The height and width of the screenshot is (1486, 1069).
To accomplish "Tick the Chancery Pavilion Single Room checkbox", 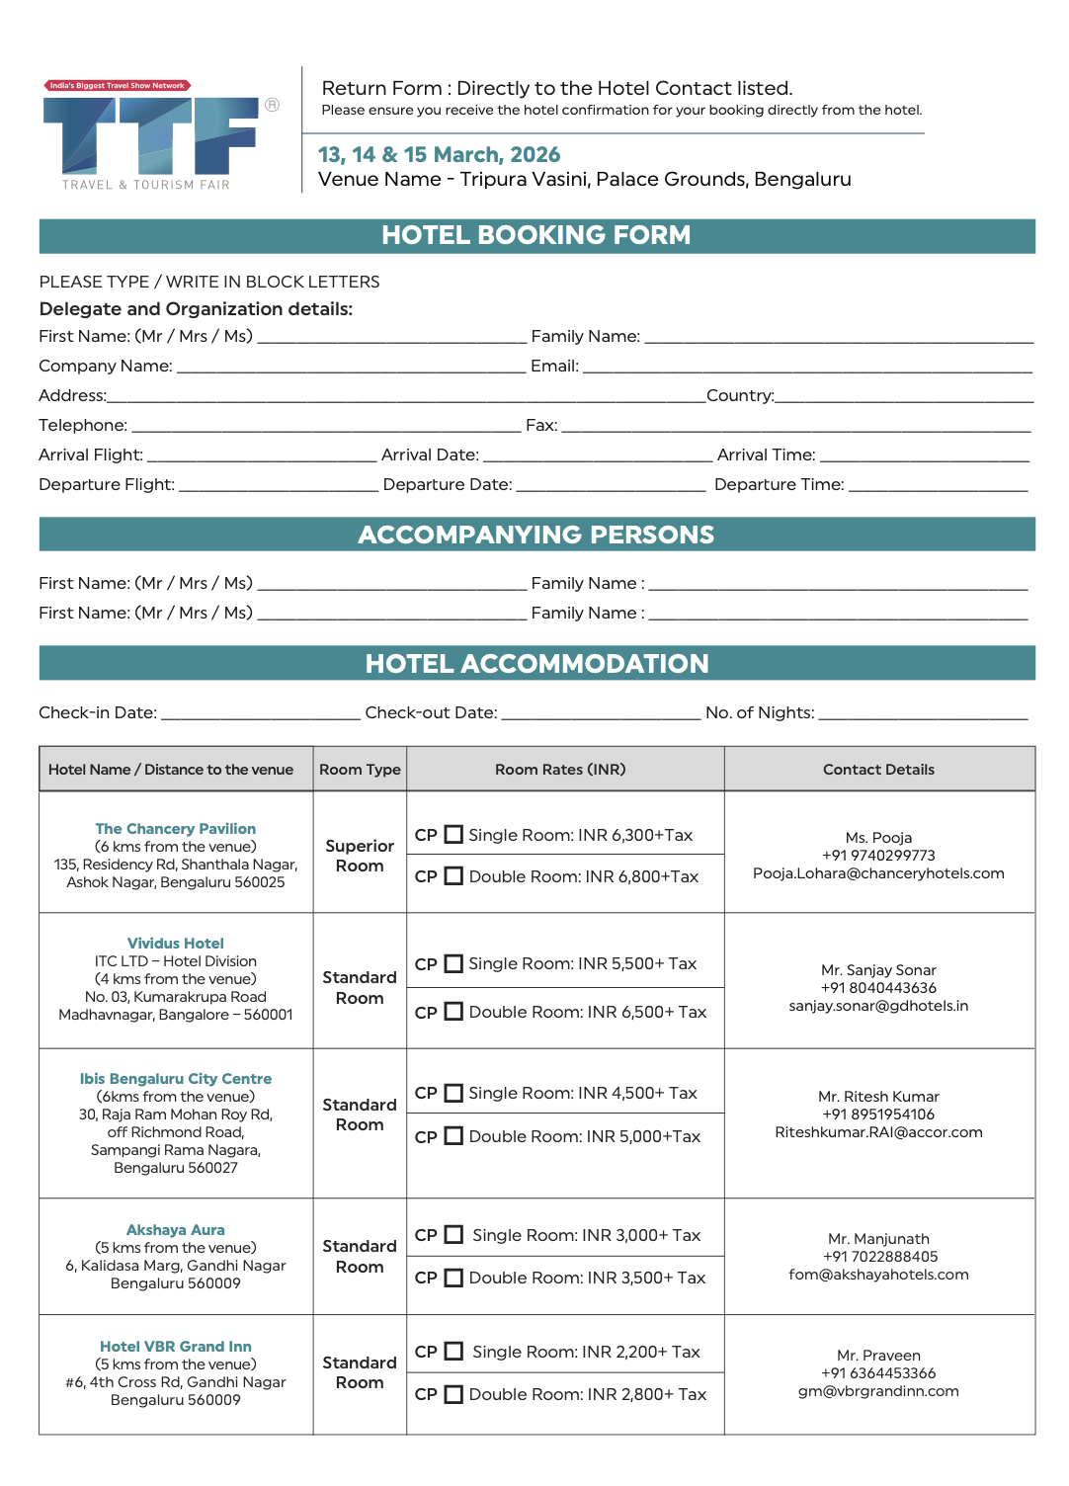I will point(453,835).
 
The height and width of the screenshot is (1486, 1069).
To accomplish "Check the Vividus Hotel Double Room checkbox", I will point(453,1012).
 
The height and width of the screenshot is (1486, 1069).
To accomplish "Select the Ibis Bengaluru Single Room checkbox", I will point(453,1093).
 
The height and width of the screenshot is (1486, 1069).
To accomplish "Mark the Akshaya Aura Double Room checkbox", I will point(453,1278).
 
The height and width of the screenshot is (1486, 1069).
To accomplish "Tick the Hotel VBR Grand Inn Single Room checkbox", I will point(453,1351).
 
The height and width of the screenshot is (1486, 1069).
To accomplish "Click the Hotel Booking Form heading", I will point(536,235).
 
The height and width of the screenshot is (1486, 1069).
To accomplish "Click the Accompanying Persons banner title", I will point(536,535).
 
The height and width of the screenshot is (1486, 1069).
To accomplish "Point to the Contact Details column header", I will point(878,770).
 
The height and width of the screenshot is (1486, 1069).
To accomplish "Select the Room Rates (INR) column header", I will point(560,770).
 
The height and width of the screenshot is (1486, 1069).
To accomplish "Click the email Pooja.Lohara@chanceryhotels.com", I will point(878,873).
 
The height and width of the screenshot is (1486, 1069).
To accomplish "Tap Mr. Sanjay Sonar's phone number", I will point(878,988).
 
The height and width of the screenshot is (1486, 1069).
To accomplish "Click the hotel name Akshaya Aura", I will point(176,1230).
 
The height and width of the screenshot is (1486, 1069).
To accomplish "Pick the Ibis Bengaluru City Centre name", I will point(176,1079).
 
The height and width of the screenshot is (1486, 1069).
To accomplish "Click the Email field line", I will point(807,367).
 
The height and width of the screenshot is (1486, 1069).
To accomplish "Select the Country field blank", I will point(904,396).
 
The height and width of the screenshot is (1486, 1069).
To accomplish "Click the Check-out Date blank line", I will point(601,713).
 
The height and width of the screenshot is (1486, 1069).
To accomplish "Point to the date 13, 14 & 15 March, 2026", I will point(439,155).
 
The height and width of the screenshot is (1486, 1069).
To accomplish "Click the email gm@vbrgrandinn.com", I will point(878,1391).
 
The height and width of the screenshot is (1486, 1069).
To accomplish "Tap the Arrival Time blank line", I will point(924,455).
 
